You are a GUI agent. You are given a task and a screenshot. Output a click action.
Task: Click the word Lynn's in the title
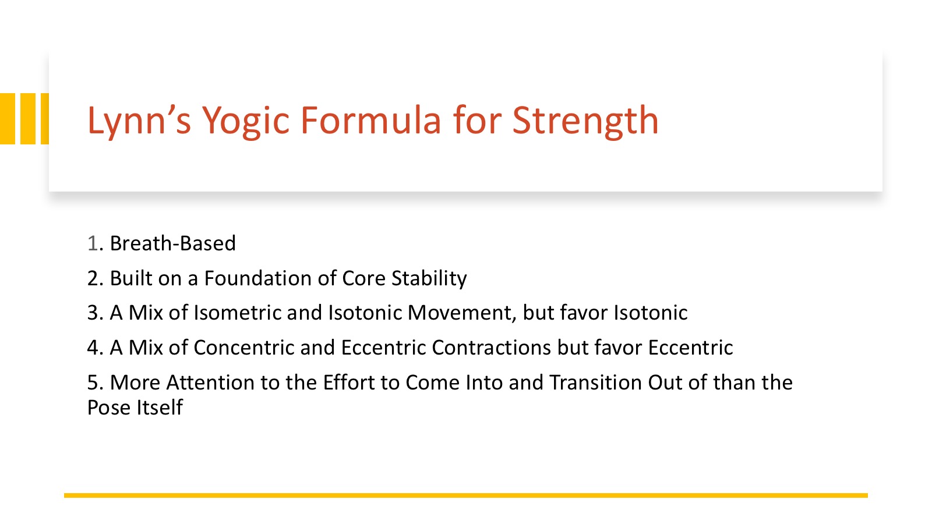click(139, 121)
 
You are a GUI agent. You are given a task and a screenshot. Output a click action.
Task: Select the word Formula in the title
click(370, 120)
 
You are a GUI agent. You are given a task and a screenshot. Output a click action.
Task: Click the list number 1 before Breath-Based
click(93, 243)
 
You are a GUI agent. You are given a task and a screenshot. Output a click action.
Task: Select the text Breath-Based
click(172, 243)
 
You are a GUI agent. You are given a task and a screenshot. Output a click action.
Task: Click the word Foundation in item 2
click(257, 278)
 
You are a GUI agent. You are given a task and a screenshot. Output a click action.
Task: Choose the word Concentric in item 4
click(244, 348)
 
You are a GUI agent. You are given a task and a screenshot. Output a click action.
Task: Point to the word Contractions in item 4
click(492, 348)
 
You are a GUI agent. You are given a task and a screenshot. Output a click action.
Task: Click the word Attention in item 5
click(210, 383)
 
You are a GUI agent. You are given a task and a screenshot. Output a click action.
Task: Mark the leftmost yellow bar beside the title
click(8, 119)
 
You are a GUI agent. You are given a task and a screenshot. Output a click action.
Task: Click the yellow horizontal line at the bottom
click(466, 495)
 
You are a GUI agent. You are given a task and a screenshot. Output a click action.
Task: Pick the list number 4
click(93, 348)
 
